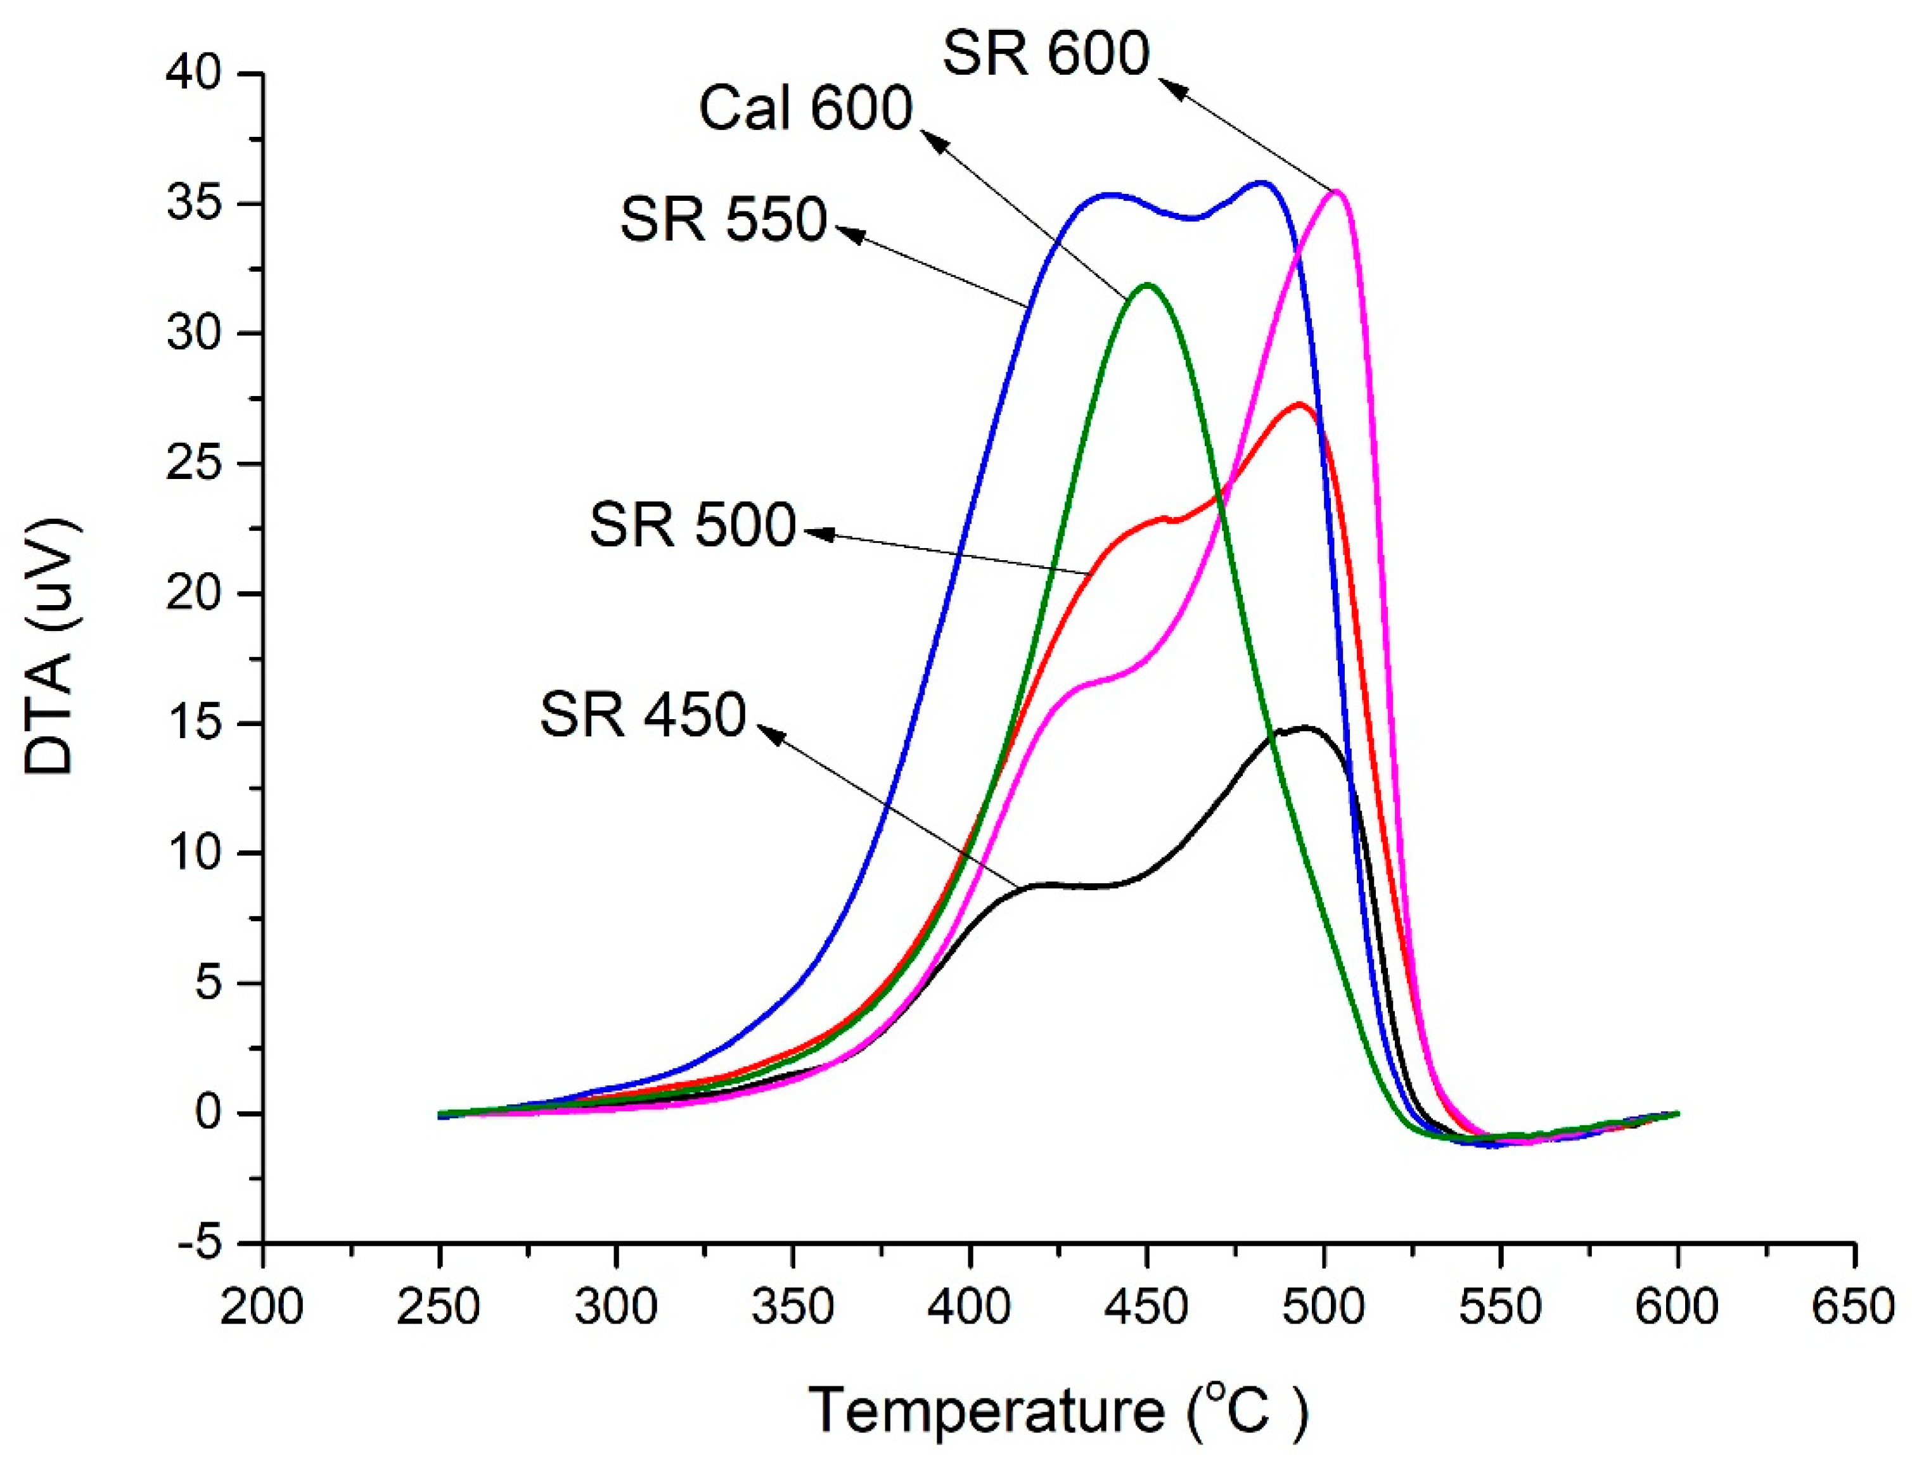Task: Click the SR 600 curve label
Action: pyautogui.click(x=1045, y=54)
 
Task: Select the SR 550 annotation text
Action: pyautogui.click(x=723, y=219)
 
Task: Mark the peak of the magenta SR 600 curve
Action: pyautogui.click(x=1336, y=191)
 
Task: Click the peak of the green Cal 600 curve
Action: pyautogui.click(x=1147, y=284)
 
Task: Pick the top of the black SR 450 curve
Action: pyautogui.click(x=1305, y=727)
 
